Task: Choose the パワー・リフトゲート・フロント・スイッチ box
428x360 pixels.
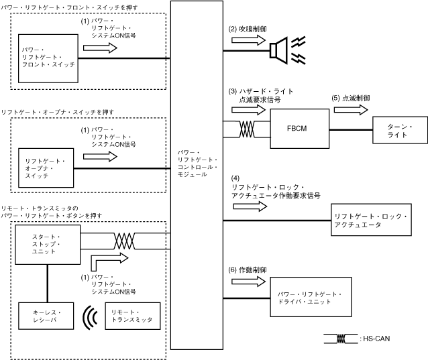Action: [48, 59]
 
